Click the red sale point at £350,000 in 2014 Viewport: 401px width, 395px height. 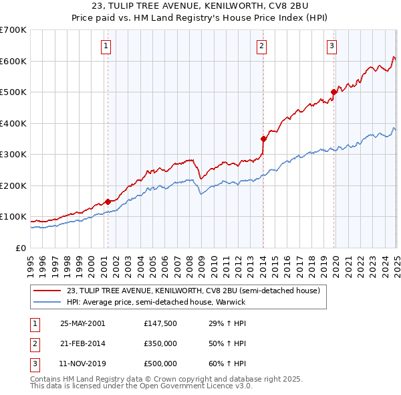tap(263, 139)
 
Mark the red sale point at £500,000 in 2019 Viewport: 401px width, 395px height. tap(333, 92)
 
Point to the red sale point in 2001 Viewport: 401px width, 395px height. tap(108, 202)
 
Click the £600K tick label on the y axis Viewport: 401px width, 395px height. tap(13, 61)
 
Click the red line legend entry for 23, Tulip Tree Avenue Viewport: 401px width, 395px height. tap(193, 291)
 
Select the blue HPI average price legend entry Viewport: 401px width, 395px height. tap(156, 302)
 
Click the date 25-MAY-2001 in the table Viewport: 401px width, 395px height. tap(83, 323)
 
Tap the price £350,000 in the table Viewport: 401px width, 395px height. tap(160, 343)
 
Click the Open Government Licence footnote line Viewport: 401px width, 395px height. tap(141, 386)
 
